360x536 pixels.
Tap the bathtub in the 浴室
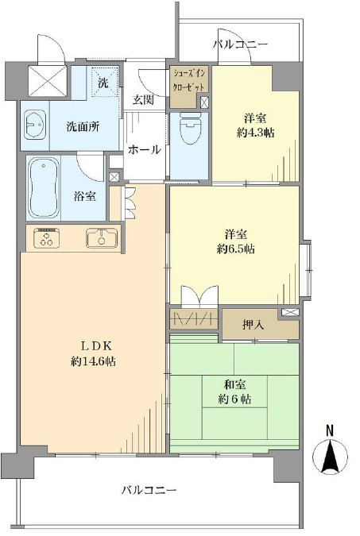tap(43, 187)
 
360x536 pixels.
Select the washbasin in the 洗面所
tap(34, 125)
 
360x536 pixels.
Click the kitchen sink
tap(102, 237)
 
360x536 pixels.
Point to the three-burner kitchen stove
tap(47, 237)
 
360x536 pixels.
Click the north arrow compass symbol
tap(331, 457)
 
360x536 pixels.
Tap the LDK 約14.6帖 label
tap(93, 353)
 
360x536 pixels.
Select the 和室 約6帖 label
tap(234, 391)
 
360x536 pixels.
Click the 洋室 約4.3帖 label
tap(255, 125)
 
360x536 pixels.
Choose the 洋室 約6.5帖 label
tap(235, 242)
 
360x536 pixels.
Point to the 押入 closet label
tap(254, 325)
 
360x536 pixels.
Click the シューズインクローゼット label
tap(189, 80)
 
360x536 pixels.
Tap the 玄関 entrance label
tap(143, 100)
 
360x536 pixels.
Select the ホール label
tap(144, 149)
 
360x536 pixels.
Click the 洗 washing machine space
tap(103, 83)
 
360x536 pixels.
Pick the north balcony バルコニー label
tap(240, 44)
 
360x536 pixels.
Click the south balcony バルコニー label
tap(149, 491)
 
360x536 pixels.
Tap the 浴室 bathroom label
tap(84, 196)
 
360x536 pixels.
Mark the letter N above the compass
tap(330, 431)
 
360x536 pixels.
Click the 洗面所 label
tap(83, 127)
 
